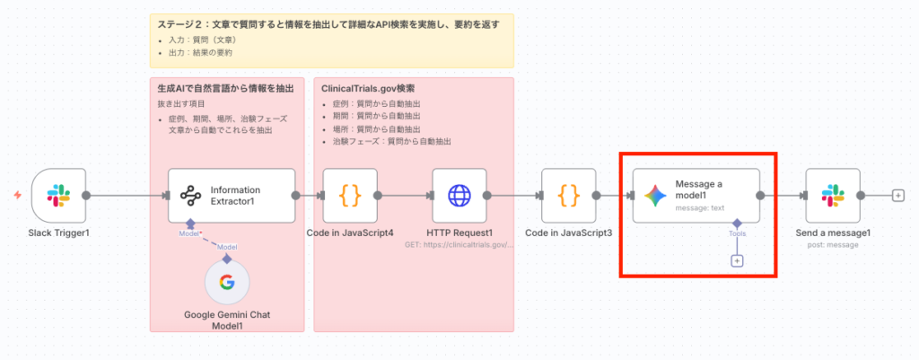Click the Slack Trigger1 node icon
[58, 195]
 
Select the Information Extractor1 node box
[231, 195]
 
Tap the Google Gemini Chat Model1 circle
[227, 284]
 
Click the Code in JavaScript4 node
[349, 195]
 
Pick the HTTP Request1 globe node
[459, 195]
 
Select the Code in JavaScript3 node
[568, 195]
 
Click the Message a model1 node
[696, 195]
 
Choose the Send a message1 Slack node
[833, 195]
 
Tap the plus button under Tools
[737, 260]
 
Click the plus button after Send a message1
[898, 195]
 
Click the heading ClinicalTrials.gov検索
[368, 89]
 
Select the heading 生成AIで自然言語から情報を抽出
[225, 89]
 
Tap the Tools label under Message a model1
[737, 233]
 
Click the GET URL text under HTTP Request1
[459, 244]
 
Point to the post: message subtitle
[833, 244]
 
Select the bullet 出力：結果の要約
[198, 52]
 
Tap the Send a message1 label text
[833, 233]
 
